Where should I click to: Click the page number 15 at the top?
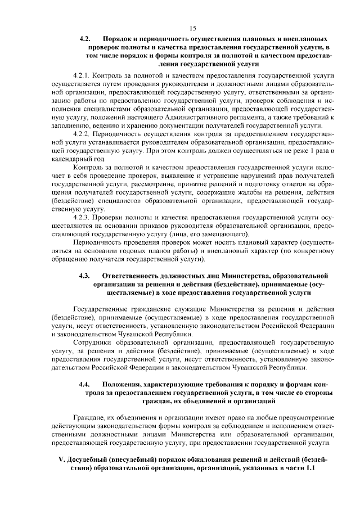pyautogui.click(x=192, y=28)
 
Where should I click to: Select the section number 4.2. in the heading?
pyautogui.click(x=85, y=39)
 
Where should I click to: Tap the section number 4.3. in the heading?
pyautogui.click(x=85, y=276)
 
